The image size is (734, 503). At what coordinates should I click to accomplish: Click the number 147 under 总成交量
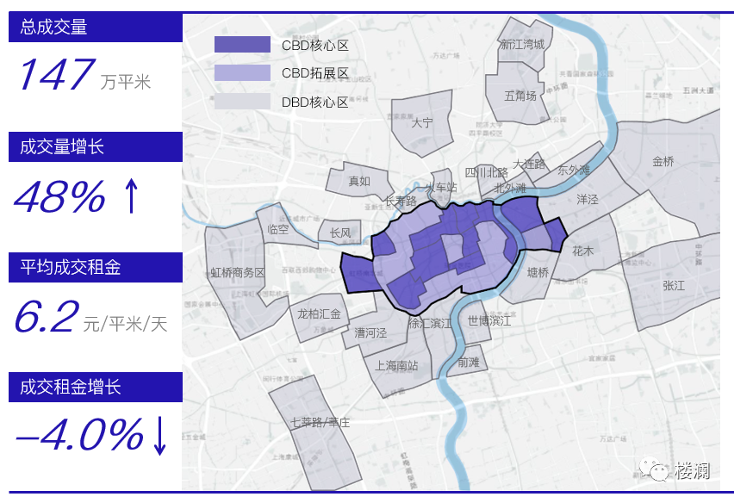click(x=55, y=76)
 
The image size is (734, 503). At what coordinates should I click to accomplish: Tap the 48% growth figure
click(x=59, y=198)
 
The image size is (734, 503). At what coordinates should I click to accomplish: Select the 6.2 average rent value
click(x=46, y=318)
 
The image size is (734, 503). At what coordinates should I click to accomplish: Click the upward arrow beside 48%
click(x=131, y=197)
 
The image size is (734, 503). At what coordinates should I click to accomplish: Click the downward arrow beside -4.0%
click(x=160, y=436)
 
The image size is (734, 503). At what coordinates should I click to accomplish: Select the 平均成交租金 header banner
click(x=96, y=268)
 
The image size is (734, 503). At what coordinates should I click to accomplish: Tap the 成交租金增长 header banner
click(x=96, y=388)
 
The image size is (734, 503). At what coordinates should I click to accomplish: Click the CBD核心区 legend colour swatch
click(x=242, y=45)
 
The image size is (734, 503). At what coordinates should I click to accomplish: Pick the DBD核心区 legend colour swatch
click(x=242, y=102)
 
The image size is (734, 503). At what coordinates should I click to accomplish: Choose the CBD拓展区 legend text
click(x=315, y=73)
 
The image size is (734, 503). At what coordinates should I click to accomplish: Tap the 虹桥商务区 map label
click(x=238, y=272)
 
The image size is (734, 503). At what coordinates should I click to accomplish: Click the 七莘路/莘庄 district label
click(x=320, y=422)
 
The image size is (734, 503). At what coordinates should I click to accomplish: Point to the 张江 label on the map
click(x=674, y=285)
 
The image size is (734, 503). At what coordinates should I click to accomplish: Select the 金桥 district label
click(x=663, y=161)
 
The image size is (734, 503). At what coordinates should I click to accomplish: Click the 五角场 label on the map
click(x=520, y=96)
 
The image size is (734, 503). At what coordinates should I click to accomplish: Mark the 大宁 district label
click(x=422, y=123)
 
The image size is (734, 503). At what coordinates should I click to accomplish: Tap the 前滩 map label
click(x=469, y=363)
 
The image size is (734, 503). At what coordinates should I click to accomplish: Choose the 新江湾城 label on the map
click(x=523, y=44)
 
